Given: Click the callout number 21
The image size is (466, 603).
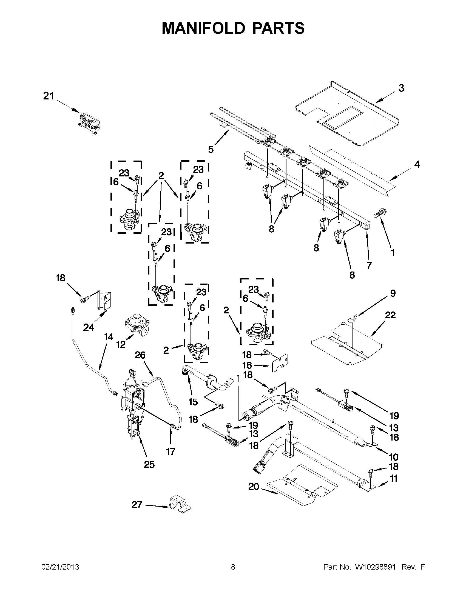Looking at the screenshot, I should coord(49,96).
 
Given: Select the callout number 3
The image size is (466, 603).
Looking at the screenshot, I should coord(401,88).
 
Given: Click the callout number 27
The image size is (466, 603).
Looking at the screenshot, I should coord(137,504).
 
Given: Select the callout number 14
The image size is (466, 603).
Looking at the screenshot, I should coord(109,337).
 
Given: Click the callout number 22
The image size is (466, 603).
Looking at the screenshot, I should coord(390,315).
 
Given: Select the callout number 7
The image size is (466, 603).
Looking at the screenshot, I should coord(369,265).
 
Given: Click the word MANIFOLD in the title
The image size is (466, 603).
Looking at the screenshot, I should coord(203,28).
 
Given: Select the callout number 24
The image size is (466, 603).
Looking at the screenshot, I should coord(89,328).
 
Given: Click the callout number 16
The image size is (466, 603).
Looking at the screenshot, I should coord(247,365).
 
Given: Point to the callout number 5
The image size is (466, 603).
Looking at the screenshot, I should coord(211,150).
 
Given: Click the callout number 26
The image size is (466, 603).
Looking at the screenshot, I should coord(140,355).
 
